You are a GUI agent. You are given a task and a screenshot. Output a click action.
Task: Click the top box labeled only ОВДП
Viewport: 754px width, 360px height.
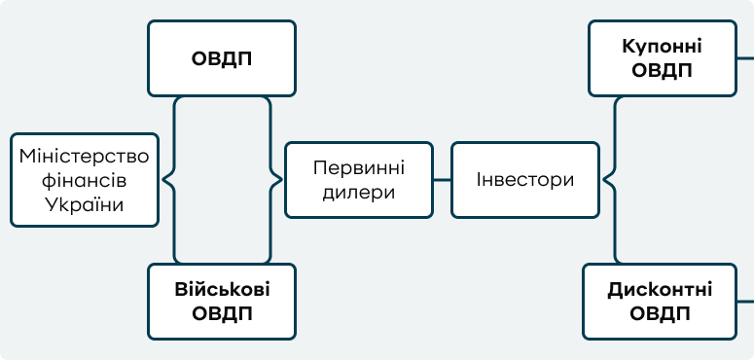tap(221, 57)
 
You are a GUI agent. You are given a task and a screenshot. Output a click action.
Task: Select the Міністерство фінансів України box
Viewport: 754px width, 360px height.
tap(84, 180)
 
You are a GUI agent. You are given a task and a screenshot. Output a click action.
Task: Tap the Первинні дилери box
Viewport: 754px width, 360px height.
tap(359, 180)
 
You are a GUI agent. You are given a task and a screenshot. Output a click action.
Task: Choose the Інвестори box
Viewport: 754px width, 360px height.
tap(525, 180)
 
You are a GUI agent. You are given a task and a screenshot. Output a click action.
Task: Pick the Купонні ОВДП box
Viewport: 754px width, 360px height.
tap(662, 58)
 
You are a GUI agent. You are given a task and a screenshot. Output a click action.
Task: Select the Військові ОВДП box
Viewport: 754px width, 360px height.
tap(222, 302)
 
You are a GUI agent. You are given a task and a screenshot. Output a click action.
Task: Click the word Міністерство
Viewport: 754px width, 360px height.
tap(85, 156)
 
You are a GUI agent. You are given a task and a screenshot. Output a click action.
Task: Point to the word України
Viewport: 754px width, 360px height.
tap(85, 204)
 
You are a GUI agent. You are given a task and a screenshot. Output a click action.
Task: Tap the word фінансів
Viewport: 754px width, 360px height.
tap(85, 180)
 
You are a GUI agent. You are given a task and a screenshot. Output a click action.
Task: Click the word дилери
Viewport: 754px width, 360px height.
tap(359, 192)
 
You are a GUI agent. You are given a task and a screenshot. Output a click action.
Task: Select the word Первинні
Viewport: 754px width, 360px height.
tap(359, 167)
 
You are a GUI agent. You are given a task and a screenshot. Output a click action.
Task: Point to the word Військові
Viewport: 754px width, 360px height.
tap(222, 290)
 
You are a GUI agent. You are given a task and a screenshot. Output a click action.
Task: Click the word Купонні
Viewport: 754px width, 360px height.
tap(662, 47)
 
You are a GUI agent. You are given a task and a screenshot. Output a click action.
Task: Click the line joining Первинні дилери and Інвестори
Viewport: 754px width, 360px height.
tap(443, 180)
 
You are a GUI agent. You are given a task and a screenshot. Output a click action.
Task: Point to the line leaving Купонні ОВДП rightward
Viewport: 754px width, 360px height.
tap(744, 58)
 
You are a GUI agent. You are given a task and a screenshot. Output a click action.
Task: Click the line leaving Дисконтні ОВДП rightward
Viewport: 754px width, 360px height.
tap(744, 302)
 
